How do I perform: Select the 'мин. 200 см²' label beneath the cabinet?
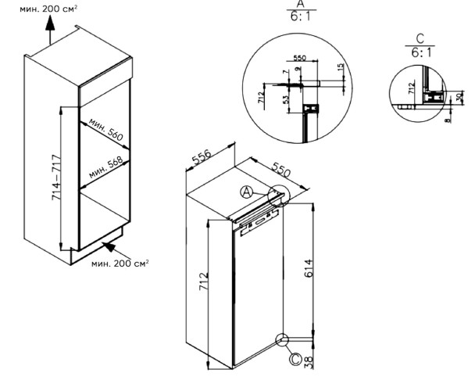(x=120, y=264)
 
